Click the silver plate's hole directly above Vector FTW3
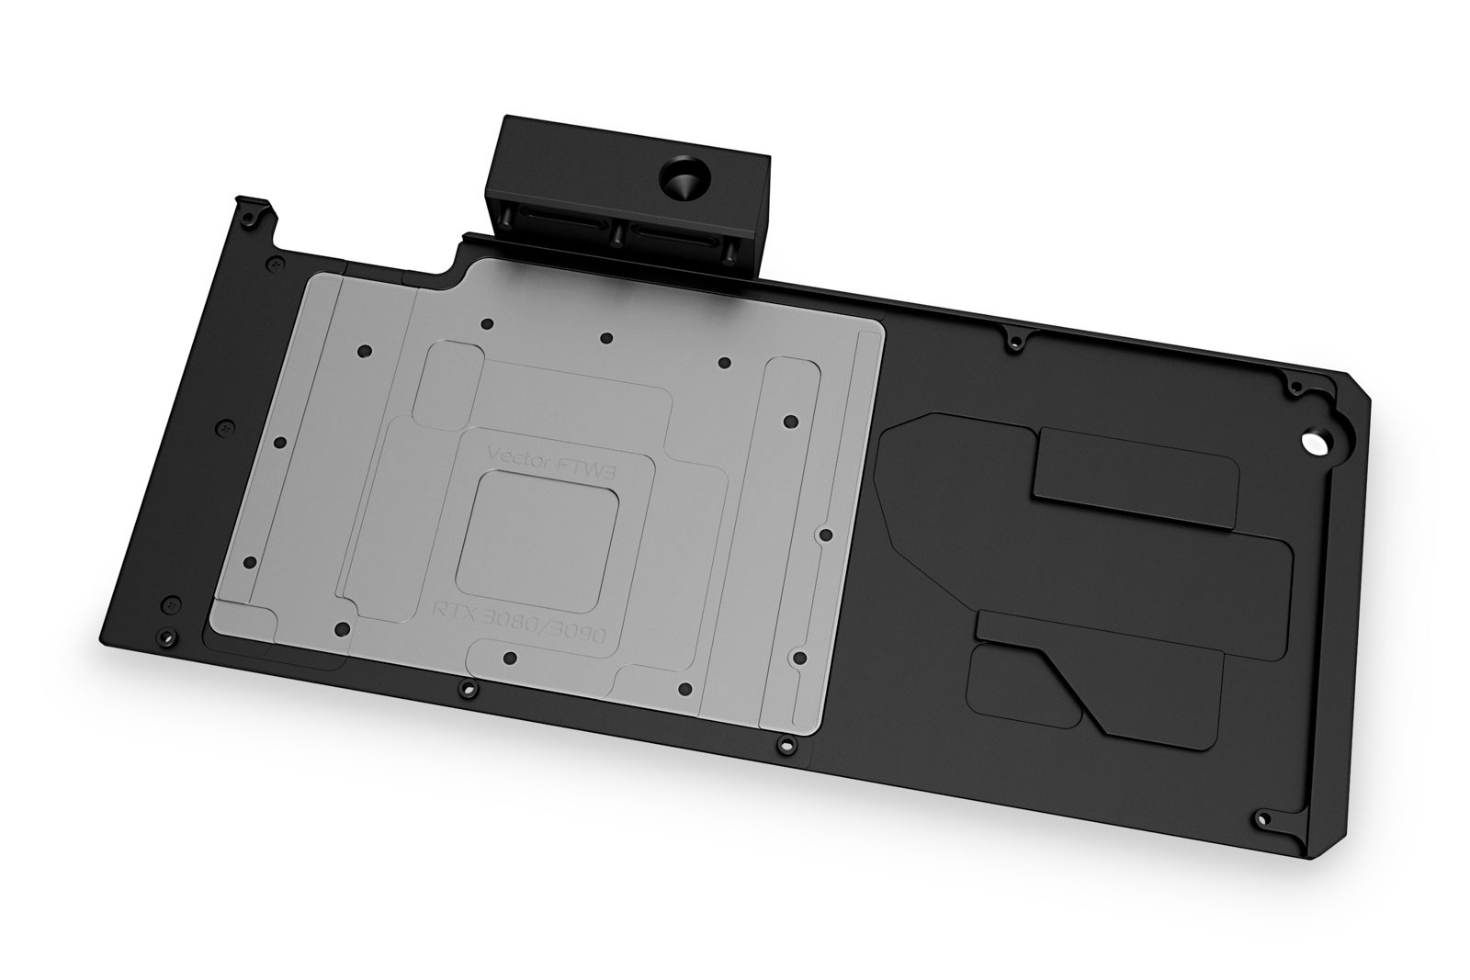pyautogui.click(x=605, y=338)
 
